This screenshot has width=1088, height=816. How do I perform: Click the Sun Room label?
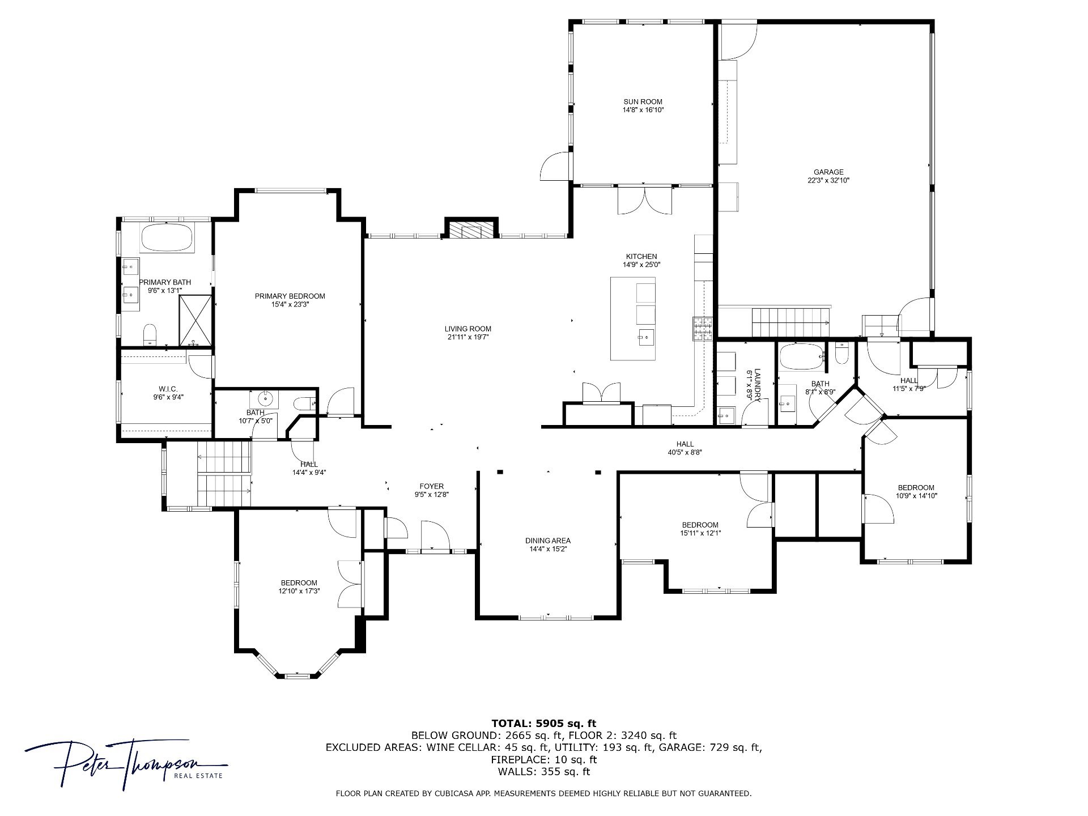point(643,102)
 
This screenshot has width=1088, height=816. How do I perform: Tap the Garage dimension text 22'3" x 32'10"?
point(828,181)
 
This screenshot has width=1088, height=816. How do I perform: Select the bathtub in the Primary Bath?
point(167,237)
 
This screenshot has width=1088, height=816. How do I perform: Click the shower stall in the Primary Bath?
point(195,320)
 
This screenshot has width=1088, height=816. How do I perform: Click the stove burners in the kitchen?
point(702,329)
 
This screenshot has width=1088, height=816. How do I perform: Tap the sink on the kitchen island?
point(646,337)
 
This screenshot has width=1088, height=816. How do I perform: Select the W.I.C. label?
point(168,389)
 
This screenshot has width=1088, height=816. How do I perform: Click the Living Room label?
point(467,329)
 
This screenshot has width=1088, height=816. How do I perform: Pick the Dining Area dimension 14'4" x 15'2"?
point(548,549)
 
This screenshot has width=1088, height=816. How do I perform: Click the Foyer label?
point(431,486)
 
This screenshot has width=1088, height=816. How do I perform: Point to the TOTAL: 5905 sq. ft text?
point(543,723)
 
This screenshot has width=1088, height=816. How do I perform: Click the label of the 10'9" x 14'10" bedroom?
point(916,488)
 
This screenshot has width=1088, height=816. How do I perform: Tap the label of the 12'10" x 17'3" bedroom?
point(299,583)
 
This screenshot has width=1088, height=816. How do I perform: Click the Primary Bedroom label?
point(290,296)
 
